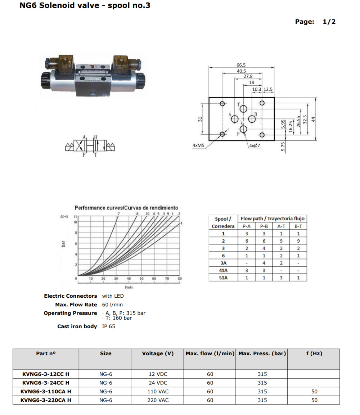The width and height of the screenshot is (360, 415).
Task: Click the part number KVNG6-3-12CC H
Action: (46, 374)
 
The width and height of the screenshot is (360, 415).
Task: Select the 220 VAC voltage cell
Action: (158, 400)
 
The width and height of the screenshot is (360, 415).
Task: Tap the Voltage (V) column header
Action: (158, 353)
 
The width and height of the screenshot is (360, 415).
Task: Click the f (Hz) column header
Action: (314, 353)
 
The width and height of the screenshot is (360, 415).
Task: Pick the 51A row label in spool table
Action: (223, 278)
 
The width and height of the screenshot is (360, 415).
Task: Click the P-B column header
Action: (264, 226)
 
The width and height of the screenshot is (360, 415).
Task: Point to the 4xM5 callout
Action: (198, 145)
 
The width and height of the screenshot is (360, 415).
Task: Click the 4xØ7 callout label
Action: (254, 146)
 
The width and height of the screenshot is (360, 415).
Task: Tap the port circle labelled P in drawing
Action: (243, 129)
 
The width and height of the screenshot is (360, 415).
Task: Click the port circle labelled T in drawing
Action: (243, 109)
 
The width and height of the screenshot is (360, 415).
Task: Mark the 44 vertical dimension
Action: (313, 119)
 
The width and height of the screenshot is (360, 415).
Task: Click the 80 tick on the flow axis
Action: (180, 279)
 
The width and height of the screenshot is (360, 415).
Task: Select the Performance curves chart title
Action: (126, 208)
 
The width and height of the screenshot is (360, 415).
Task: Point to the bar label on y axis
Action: (63, 244)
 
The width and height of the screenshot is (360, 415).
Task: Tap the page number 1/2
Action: (329, 22)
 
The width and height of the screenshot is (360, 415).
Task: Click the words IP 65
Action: (109, 326)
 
